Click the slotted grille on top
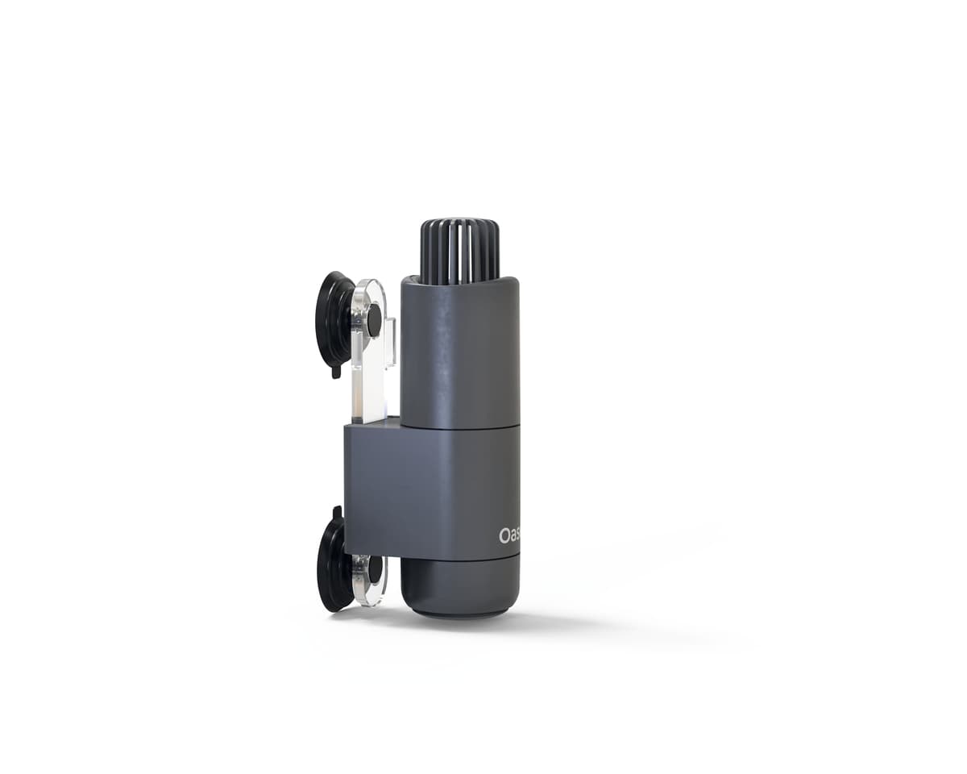click(459, 250)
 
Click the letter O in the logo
click(503, 535)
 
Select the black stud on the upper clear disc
click(374, 320)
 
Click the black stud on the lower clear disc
click(373, 569)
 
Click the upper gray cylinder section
click(459, 355)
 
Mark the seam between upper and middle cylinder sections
click(459, 427)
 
